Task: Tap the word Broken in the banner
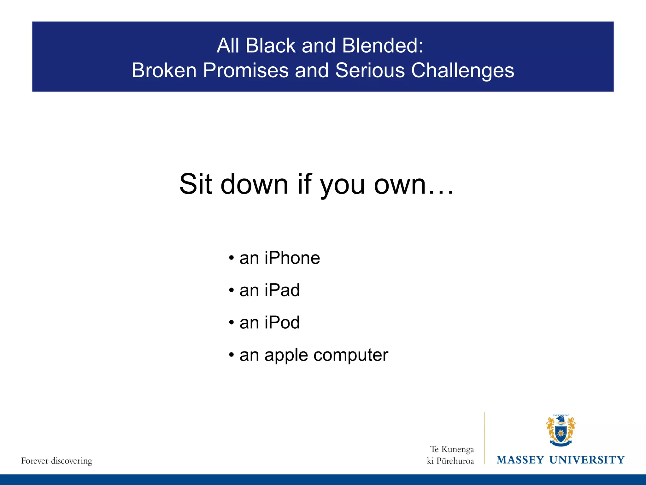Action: click(164, 70)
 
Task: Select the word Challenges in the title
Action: click(462, 70)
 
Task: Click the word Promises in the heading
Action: click(245, 70)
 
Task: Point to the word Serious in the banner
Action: click(370, 70)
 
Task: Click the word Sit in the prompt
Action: click(196, 184)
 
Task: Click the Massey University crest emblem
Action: click(561, 430)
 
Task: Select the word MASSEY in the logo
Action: click(520, 460)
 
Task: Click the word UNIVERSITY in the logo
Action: click(587, 460)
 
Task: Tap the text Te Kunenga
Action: click(452, 449)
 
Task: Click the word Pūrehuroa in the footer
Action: click(455, 461)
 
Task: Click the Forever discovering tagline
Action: click(57, 461)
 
